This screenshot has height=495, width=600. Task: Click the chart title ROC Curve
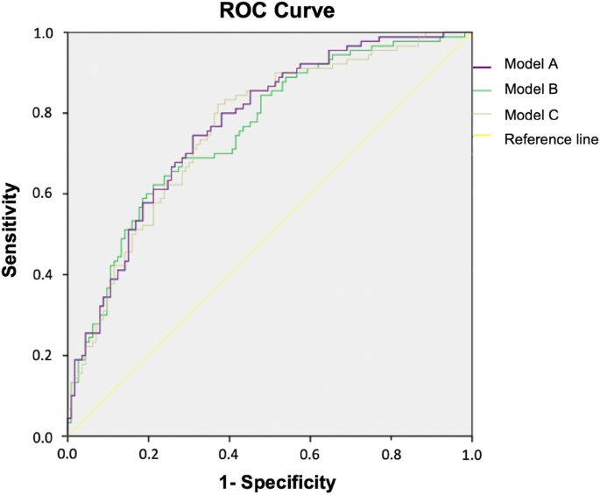pyautogui.click(x=268, y=11)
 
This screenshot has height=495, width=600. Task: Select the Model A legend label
pyautogui.click(x=531, y=65)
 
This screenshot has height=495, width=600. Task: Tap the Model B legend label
pyautogui.click(x=531, y=89)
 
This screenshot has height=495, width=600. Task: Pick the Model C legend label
pyautogui.click(x=531, y=114)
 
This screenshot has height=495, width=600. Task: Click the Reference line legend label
pyautogui.click(x=551, y=138)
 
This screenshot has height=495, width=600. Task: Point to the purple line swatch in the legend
pyautogui.click(x=485, y=66)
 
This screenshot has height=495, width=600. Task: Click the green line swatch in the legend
pyautogui.click(x=485, y=90)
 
